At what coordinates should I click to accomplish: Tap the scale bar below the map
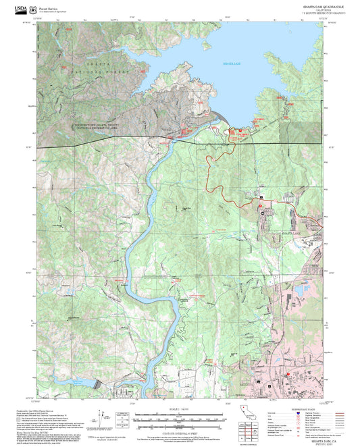[180, 417]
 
